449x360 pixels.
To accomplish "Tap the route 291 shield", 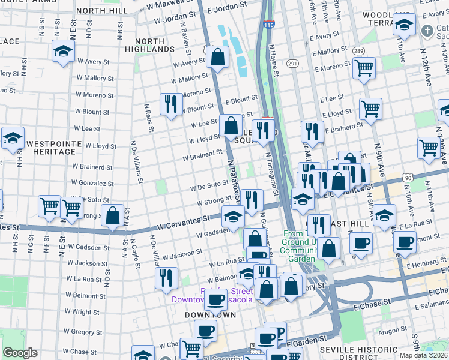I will (x=292, y=63).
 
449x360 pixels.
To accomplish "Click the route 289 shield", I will (x=359, y=51).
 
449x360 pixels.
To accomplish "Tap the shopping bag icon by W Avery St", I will (x=218, y=58).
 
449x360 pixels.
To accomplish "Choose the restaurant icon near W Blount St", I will (x=172, y=104).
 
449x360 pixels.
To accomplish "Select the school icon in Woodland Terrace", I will (x=405, y=25).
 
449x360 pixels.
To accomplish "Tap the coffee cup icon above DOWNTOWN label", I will (x=215, y=299).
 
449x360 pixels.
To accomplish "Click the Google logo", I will (x=20, y=353).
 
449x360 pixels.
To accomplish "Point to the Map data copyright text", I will (x=424, y=355).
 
